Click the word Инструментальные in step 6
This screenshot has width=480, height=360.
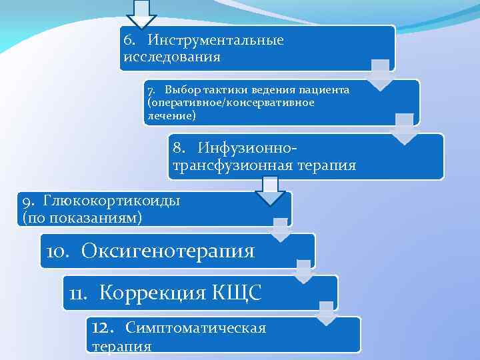pos(216,41)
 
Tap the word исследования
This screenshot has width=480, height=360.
pos(171,57)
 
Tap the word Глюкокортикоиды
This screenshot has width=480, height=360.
pos(112,200)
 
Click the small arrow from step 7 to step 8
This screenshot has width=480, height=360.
pos(404,129)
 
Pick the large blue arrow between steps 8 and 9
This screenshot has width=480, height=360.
pos(269,193)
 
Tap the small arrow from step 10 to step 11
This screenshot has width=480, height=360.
pos(303,273)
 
